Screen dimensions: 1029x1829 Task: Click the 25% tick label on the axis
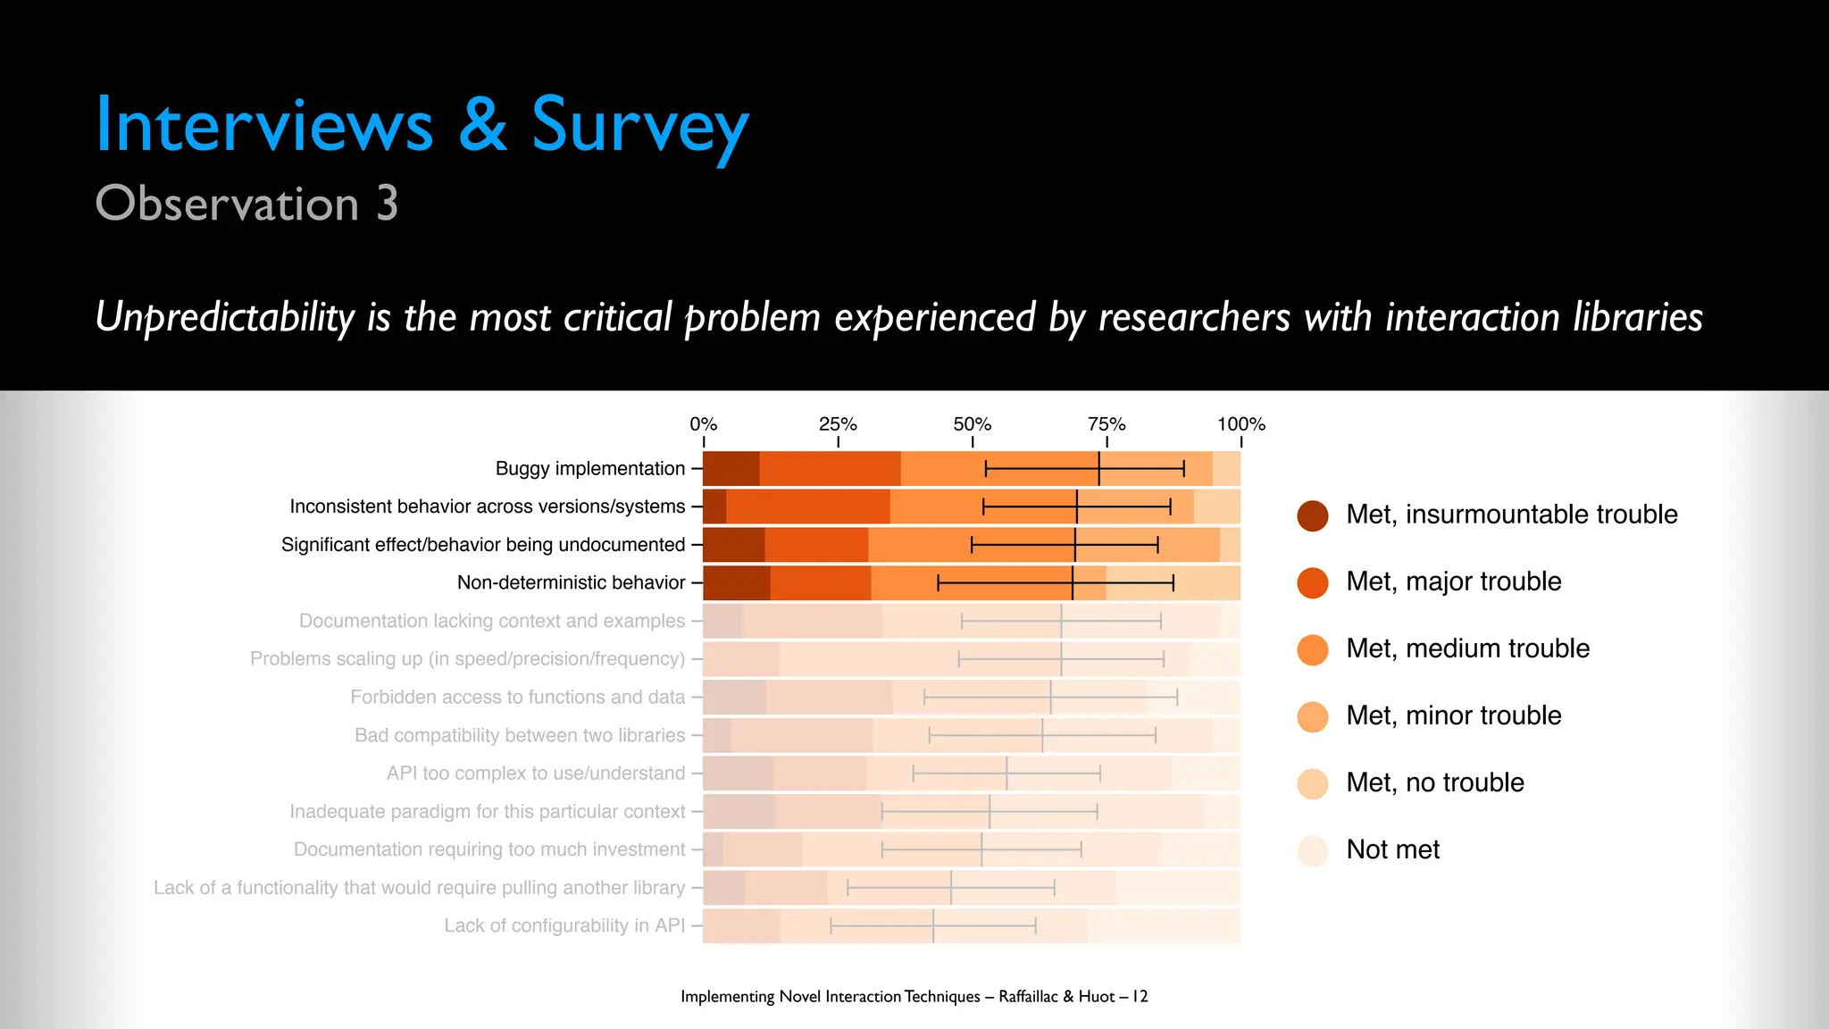(x=837, y=424)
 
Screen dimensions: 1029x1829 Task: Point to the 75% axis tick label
(x=1106, y=424)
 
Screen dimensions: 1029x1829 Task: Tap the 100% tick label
(x=1240, y=424)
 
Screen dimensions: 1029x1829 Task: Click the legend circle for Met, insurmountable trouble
(x=1312, y=515)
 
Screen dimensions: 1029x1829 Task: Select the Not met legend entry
(x=1392, y=849)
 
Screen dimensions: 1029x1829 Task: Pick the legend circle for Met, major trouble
(x=1312, y=582)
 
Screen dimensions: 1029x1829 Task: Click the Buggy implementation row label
(x=589, y=469)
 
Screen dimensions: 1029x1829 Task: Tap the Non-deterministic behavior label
(x=571, y=583)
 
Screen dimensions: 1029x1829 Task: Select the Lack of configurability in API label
(x=564, y=926)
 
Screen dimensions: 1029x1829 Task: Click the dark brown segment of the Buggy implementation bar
(x=731, y=469)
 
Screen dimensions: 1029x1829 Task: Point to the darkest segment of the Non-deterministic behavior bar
(x=736, y=583)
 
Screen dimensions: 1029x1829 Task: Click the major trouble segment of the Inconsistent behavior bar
(x=807, y=506)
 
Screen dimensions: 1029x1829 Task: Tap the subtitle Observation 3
(x=246, y=204)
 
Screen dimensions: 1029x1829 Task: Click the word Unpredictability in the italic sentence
(x=225, y=318)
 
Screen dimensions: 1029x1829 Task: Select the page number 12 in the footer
(x=1140, y=996)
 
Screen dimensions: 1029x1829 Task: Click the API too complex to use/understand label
(x=535, y=774)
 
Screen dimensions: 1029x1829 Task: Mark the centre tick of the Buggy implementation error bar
(x=1098, y=469)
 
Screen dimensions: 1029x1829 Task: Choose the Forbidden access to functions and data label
(x=517, y=698)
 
